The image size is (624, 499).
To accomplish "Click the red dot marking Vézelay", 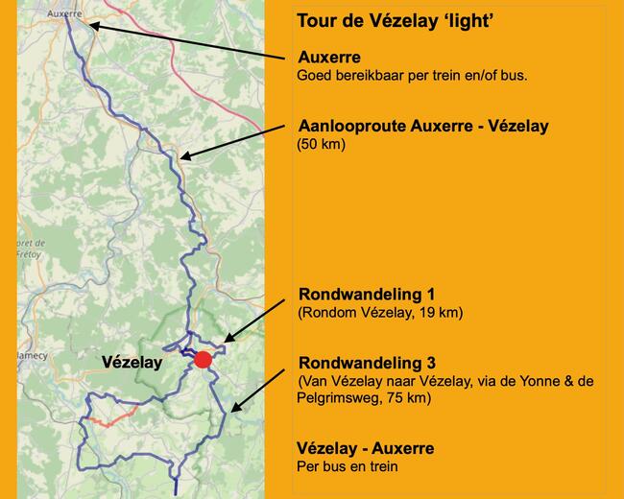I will click(202, 360).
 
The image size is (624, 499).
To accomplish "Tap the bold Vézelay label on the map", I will click(132, 363).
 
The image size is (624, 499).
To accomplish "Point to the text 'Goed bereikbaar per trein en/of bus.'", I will click(412, 75).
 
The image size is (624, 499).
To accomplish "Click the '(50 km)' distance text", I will click(321, 146).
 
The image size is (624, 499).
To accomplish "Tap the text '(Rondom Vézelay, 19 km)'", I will click(374, 313).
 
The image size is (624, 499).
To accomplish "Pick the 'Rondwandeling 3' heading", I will click(367, 363).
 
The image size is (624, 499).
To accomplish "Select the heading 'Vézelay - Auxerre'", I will click(366, 448).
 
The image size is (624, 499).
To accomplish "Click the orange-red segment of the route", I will click(112, 418).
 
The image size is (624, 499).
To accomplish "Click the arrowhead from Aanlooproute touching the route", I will click(183, 156).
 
